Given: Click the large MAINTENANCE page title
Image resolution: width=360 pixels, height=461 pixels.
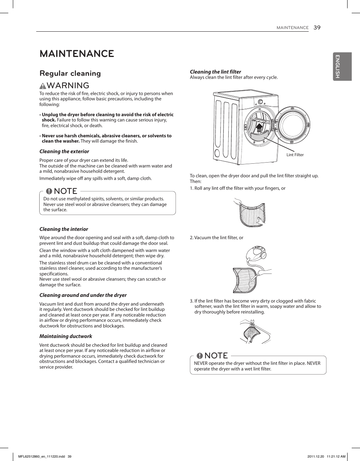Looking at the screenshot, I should point(77,54).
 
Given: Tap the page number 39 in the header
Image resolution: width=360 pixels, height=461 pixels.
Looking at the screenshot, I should point(317,27).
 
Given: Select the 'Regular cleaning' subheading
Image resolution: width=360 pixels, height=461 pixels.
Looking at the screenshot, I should point(70,73).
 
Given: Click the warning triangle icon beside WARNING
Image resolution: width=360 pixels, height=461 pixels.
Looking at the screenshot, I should point(43,86).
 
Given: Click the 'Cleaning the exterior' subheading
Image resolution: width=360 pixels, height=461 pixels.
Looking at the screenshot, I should point(64,151).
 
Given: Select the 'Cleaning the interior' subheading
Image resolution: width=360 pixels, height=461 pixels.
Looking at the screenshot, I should point(64,229).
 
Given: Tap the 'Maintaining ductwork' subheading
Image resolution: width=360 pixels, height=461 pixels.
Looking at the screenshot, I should point(66,336).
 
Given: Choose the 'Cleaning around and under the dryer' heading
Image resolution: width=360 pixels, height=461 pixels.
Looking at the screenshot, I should point(83,295).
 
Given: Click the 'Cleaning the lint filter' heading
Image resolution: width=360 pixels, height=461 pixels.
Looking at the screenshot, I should point(215,72).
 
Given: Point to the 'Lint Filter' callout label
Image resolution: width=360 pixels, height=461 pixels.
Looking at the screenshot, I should point(295,155).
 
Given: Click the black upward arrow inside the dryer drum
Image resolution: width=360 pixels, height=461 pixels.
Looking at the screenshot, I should point(259,129).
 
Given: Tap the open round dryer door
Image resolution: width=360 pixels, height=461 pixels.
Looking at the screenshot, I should point(293,124).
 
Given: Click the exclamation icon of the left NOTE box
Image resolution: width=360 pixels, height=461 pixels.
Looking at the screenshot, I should point(49,191).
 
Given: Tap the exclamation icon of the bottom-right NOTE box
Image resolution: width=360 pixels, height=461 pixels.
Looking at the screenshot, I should point(200,356).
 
